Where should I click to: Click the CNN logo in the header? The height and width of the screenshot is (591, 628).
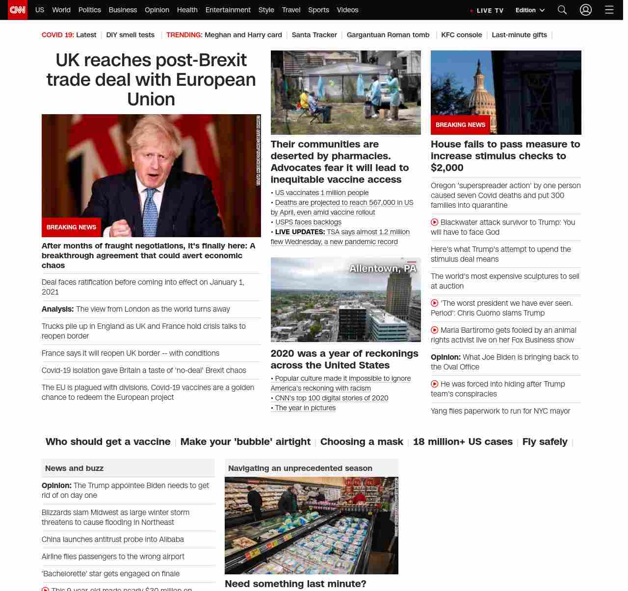tap(18, 10)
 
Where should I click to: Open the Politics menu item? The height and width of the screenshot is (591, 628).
tap(89, 10)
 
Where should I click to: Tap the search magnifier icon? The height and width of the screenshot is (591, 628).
tap(562, 10)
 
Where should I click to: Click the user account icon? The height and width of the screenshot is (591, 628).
tap(586, 10)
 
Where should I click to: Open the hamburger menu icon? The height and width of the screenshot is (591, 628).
tap(609, 10)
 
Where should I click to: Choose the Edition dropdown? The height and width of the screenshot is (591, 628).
tap(530, 10)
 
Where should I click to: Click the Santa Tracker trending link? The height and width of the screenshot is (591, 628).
tap(314, 35)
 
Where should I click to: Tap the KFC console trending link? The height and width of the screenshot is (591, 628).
tap(461, 35)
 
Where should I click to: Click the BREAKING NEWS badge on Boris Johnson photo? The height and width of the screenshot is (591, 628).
tap(71, 227)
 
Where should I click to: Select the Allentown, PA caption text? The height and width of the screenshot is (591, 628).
tap(383, 269)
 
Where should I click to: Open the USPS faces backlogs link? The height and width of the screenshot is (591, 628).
tap(308, 222)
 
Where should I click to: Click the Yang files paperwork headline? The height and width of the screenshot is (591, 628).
tap(500, 411)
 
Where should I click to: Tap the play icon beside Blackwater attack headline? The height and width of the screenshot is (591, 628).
tap(434, 222)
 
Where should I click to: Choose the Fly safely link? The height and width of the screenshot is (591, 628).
tap(545, 442)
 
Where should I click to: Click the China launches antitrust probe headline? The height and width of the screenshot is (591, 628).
tap(113, 540)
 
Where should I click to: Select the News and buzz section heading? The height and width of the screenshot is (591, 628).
tap(74, 468)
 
